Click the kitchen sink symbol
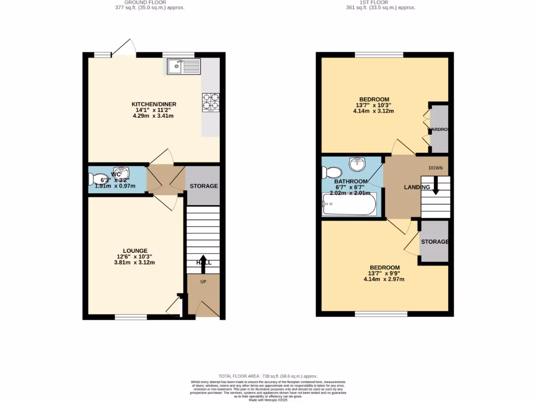click(x=184, y=66)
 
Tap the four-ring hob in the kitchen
click(x=210, y=103)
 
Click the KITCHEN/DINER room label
click(x=154, y=104)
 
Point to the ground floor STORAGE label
click(x=204, y=186)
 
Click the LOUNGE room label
click(x=135, y=251)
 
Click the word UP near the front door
click(x=203, y=281)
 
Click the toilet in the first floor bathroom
click(x=332, y=172)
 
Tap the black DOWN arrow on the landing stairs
click(x=435, y=187)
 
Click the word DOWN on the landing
click(x=436, y=168)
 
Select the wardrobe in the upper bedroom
click(x=440, y=129)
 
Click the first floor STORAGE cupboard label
click(x=435, y=242)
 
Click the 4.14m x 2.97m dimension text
click(x=384, y=280)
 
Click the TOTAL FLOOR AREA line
click(x=268, y=376)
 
